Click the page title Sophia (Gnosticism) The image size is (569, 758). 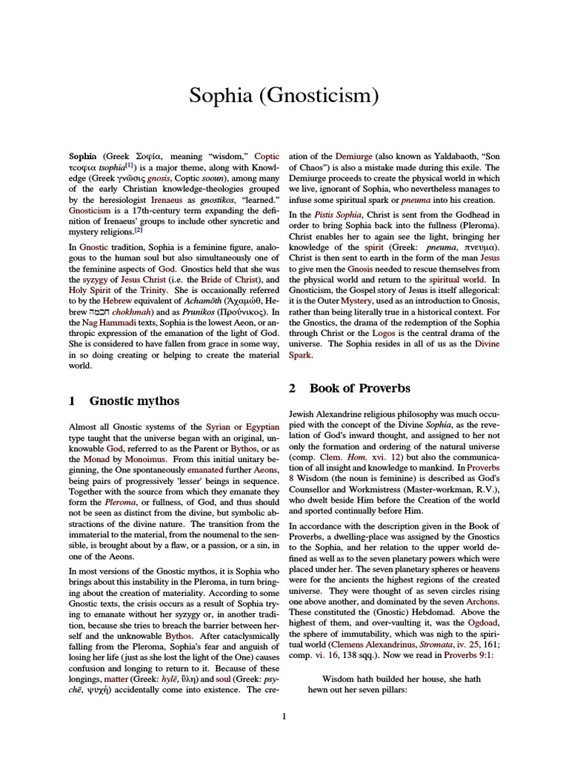(x=284, y=95)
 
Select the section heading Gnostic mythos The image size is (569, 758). (x=134, y=400)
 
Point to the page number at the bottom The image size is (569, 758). (x=284, y=715)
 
